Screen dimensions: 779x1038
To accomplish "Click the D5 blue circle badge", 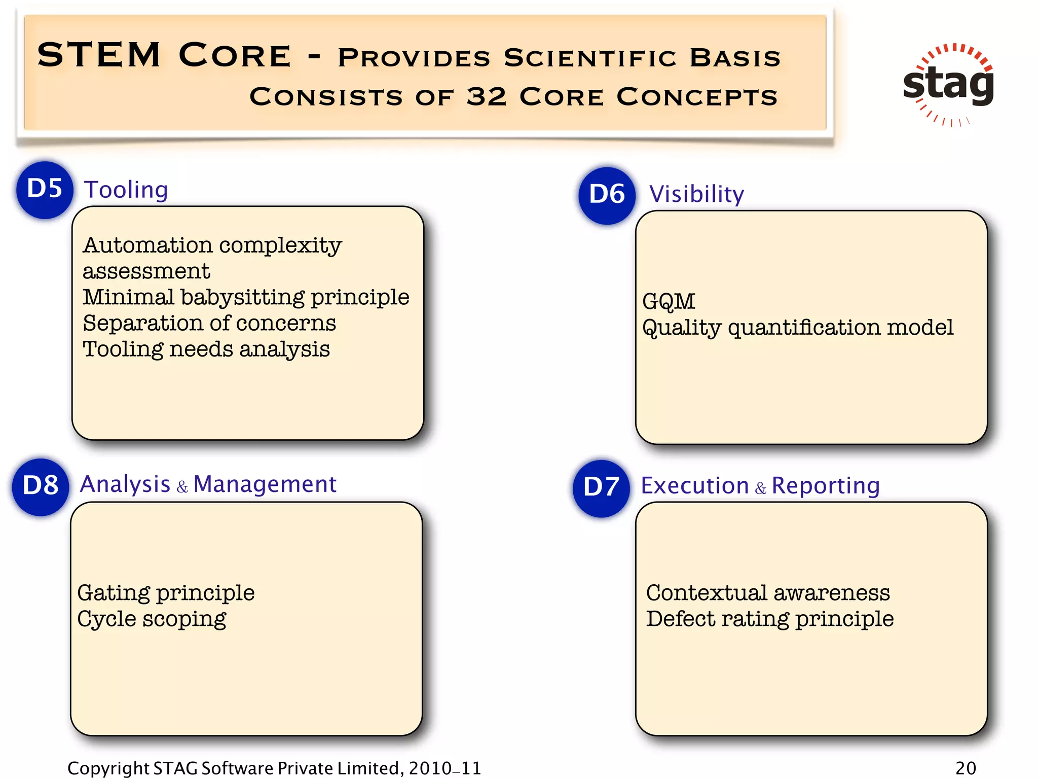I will point(45,190).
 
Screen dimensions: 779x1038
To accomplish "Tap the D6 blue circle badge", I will point(607,195).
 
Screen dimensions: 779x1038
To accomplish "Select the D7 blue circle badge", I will point(601,488).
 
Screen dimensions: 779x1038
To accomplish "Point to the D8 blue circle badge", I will point(41,486).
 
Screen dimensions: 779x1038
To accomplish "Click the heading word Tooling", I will point(126,190).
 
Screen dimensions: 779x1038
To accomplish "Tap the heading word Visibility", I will point(696,194).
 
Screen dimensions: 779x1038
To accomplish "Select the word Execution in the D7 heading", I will point(694,486).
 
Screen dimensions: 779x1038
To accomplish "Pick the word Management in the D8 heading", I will point(265,484).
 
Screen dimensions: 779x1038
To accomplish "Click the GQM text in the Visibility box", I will point(669,302).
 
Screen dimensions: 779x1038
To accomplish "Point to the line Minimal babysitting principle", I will point(246,297).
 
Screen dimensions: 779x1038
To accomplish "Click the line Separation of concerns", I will point(209,324).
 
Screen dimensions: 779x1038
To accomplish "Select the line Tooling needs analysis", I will point(206,349).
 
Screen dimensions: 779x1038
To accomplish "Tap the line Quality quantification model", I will point(797,328).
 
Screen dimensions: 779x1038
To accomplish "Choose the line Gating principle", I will point(166,593).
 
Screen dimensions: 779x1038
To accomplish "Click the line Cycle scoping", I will point(152,619).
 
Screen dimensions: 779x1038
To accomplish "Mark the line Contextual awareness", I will point(767,593).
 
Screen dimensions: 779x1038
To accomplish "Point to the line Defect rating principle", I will point(769,619).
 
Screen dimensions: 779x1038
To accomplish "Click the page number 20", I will point(965,768).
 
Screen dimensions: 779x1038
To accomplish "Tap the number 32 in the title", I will point(486,96).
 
